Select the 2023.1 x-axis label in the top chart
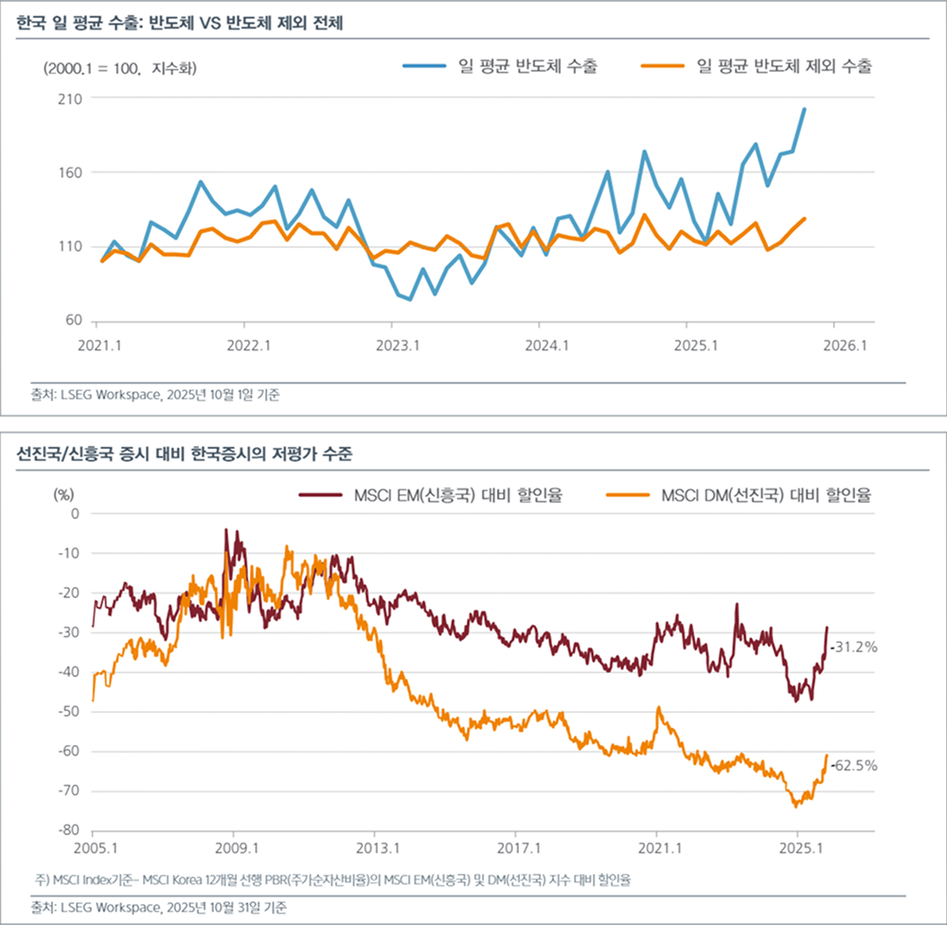397,347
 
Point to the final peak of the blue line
804,109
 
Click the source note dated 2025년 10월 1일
156,396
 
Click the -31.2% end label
855,648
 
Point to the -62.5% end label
855,765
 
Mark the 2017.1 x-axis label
517,845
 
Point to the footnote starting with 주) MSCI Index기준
331,881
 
